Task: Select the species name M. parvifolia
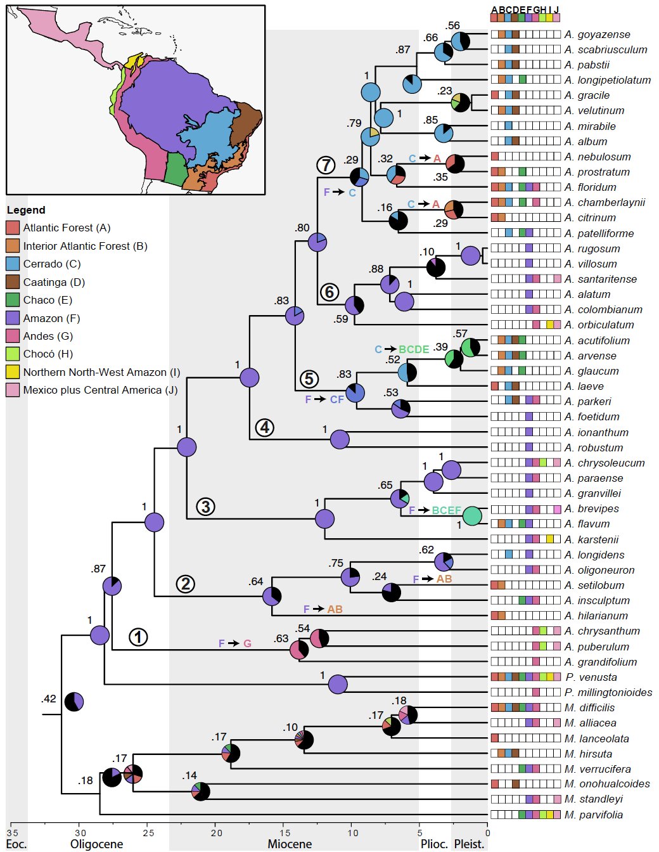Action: point(594,815)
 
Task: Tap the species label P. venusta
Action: point(591,678)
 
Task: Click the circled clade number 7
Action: point(326,165)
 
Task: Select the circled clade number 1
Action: point(138,637)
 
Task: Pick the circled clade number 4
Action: point(265,428)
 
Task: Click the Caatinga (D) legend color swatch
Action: point(13,282)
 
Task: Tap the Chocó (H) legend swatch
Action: point(13,354)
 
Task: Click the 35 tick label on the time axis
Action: point(13,832)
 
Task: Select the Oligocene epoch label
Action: point(96,844)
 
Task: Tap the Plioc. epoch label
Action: point(434,844)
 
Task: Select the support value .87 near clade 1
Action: point(98,569)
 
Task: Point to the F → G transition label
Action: point(235,643)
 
